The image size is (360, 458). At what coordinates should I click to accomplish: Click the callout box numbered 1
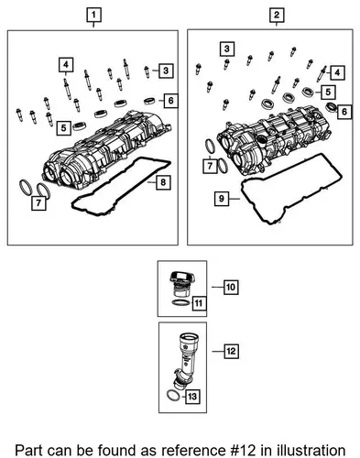(93, 15)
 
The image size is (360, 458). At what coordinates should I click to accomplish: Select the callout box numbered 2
(277, 15)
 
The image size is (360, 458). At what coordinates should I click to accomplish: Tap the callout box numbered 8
(163, 182)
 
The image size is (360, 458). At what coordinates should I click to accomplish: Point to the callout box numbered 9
(222, 199)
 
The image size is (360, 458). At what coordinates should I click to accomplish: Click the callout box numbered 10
(231, 287)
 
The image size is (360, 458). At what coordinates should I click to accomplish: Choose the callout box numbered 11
(199, 303)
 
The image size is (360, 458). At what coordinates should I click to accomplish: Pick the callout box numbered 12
(231, 351)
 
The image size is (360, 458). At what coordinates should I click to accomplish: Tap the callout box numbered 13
(192, 397)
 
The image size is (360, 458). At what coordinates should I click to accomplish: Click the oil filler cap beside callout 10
(182, 284)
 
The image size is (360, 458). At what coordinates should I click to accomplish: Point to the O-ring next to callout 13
(174, 397)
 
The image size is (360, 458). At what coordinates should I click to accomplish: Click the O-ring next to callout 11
(180, 302)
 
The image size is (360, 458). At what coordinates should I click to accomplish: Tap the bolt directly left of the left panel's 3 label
(147, 71)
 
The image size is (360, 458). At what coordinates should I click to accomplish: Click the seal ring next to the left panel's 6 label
(149, 100)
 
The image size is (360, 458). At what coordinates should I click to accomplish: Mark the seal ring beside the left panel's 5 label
(80, 125)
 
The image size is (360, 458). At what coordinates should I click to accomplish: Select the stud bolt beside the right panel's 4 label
(322, 73)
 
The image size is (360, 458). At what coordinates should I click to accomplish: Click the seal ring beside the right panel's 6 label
(331, 107)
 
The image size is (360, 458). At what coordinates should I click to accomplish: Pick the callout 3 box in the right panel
(227, 49)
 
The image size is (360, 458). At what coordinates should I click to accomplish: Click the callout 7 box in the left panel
(38, 203)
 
